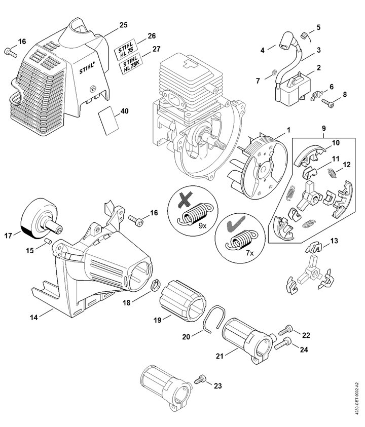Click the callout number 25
click(x=124, y=25)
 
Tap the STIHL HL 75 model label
click(x=126, y=48)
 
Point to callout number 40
click(x=125, y=111)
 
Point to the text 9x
click(x=202, y=226)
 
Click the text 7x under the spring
click(x=250, y=253)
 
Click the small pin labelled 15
click(x=48, y=241)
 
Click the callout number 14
click(x=34, y=317)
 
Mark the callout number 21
click(x=220, y=356)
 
